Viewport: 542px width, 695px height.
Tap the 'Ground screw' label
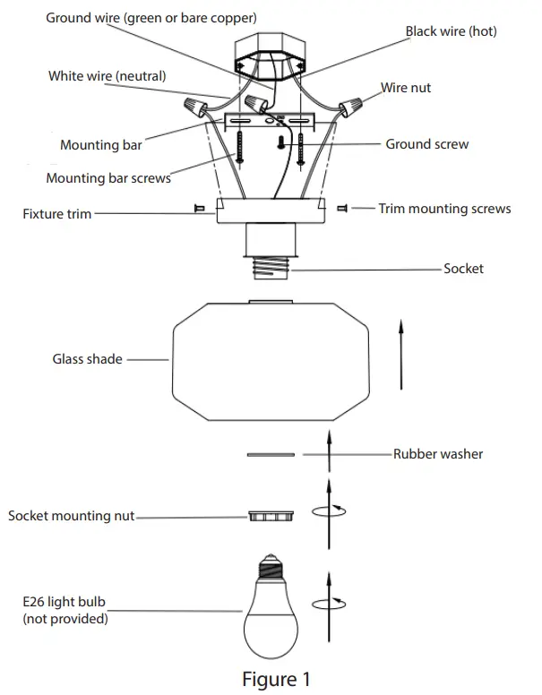pos(426,144)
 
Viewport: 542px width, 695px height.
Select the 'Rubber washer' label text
pos(437,454)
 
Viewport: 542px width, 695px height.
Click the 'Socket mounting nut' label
pos(72,517)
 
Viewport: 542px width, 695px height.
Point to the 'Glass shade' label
pos(87,359)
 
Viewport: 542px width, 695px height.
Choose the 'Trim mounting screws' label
pos(444,209)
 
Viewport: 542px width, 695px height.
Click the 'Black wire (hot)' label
pos(451,31)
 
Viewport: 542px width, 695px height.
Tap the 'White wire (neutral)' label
pos(107,76)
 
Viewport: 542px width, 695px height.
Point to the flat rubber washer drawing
pos(270,455)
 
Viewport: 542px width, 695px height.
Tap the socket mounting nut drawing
pos(271,517)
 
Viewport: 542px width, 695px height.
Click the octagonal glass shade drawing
pos(271,358)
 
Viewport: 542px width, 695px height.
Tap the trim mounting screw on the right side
pos(341,209)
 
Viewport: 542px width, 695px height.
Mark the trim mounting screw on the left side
pos(199,209)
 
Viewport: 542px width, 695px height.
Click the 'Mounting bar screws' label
pos(108,178)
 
